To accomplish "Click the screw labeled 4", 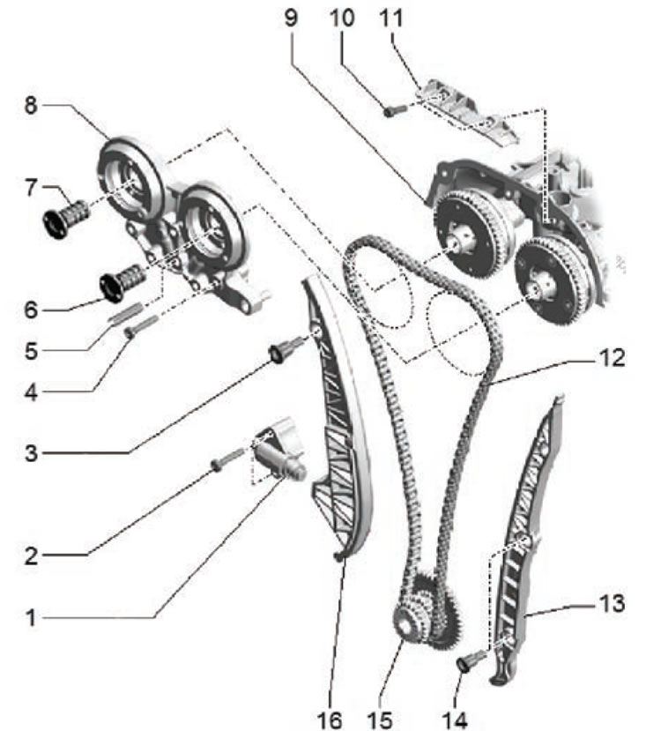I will tap(141, 327).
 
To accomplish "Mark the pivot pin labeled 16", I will tap(339, 556).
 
